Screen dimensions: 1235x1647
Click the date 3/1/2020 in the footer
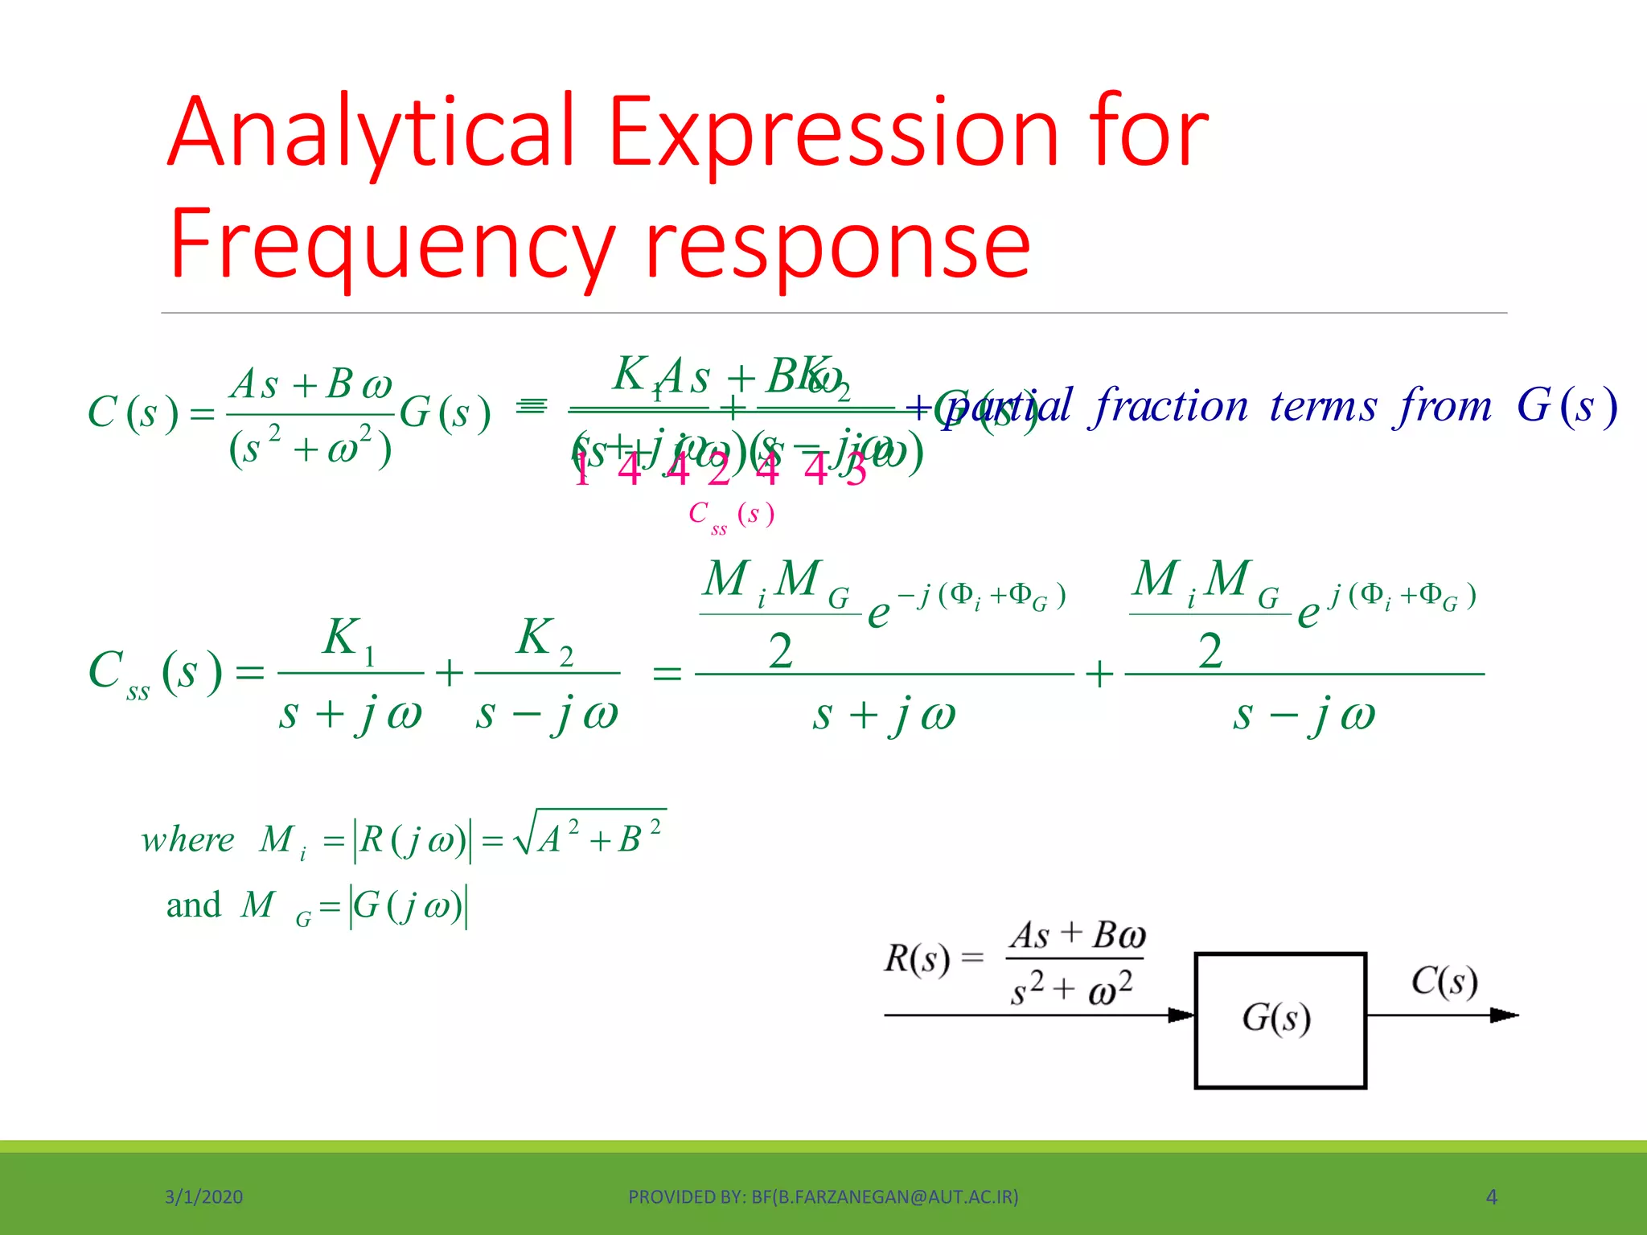pyautogui.click(x=203, y=1197)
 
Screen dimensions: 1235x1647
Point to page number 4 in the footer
pyautogui.click(x=1491, y=1197)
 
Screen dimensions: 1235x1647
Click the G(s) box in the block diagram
pyautogui.click(x=1279, y=1020)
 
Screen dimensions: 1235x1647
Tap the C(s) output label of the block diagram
pyautogui.click(x=1444, y=982)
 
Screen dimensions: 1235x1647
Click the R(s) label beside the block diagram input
pyautogui.click(x=917, y=958)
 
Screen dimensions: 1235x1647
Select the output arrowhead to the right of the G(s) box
pyautogui.click(x=1503, y=1015)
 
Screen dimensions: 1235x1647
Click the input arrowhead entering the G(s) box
pyautogui.click(x=1181, y=1015)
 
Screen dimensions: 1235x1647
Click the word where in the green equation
pyautogui.click(x=187, y=840)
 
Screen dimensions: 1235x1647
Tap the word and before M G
pyautogui.click(x=193, y=906)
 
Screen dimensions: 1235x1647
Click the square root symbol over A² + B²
pyautogui.click(x=524, y=836)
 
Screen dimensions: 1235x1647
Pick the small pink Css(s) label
pyautogui.click(x=730, y=515)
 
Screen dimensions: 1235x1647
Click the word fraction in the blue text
pyautogui.click(x=1171, y=405)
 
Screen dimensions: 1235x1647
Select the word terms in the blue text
pyautogui.click(x=1324, y=407)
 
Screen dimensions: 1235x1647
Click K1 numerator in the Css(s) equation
pyautogui.click(x=349, y=640)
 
